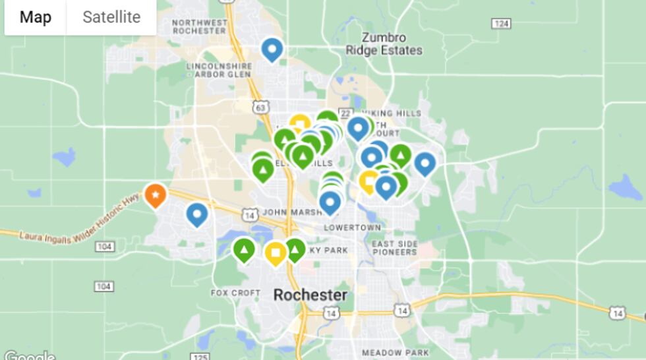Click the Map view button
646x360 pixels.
coord(35,17)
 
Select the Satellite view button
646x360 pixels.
coord(111,17)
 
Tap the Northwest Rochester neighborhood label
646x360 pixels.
coord(199,27)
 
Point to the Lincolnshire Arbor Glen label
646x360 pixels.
coord(220,71)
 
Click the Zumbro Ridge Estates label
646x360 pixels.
coord(384,44)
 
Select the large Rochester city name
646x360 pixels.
coord(310,295)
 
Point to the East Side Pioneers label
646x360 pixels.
coord(394,248)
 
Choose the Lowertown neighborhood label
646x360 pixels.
coord(353,227)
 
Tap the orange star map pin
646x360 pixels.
coord(155,195)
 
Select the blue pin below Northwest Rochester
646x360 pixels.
coord(272,49)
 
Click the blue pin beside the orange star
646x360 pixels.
coord(197,214)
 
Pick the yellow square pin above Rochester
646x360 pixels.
coord(275,253)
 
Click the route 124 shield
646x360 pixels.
coord(501,24)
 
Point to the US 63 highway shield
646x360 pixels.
coord(261,105)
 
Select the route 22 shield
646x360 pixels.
coord(345,113)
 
